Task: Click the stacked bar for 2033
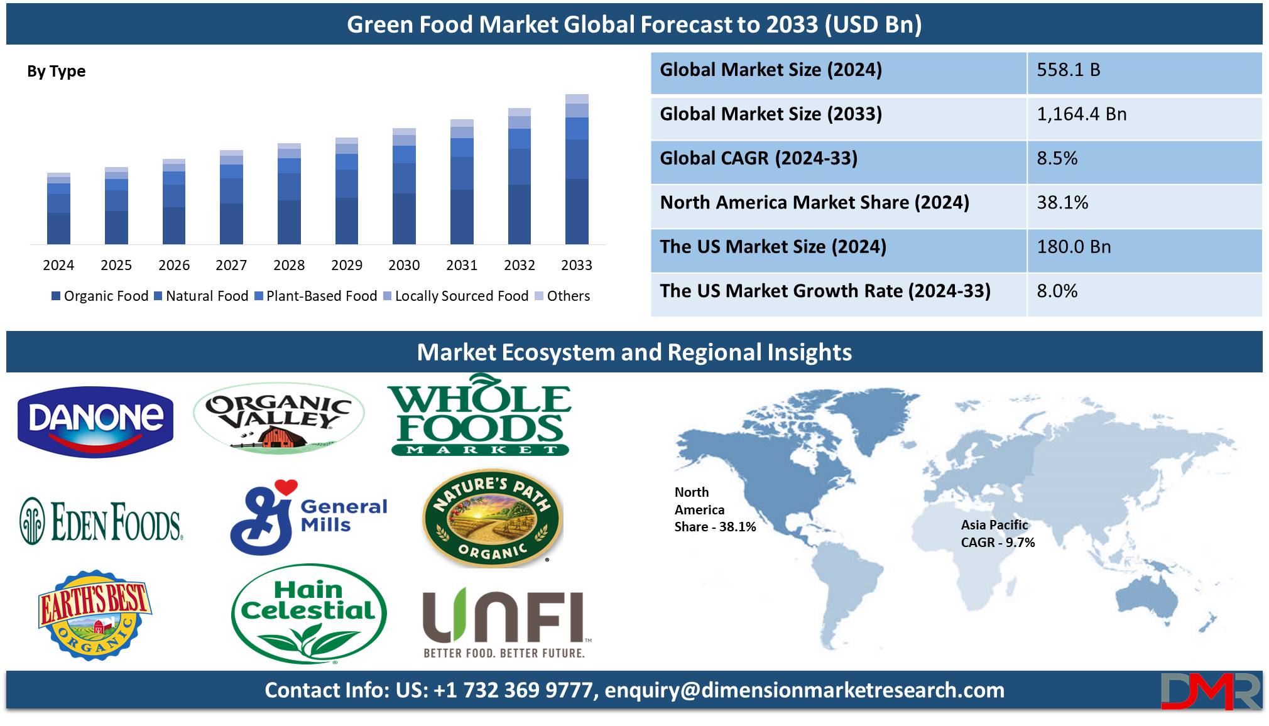(x=577, y=169)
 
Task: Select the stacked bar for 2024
(x=58, y=209)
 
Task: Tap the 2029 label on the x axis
(x=347, y=265)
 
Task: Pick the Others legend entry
(x=562, y=296)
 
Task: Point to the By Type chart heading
(x=56, y=72)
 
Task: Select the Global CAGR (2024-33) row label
(x=758, y=158)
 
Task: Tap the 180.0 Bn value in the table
(x=1074, y=247)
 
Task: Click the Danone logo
(x=95, y=421)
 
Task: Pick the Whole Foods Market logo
(x=480, y=415)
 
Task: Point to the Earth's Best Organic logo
(x=94, y=614)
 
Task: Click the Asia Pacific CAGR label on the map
(x=998, y=534)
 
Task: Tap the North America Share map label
(x=715, y=509)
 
